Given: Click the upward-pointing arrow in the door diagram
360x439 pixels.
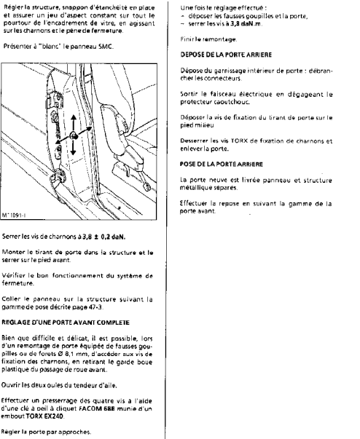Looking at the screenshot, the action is (x=74, y=122).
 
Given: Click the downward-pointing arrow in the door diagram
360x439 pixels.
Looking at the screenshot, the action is (x=74, y=147).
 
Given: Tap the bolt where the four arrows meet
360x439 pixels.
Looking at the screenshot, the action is (x=74, y=135).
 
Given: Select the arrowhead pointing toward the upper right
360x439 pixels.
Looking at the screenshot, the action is (x=88, y=129).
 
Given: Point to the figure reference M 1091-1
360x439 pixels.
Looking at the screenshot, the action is (x=14, y=215).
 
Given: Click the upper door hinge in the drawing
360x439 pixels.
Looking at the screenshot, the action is (x=57, y=100).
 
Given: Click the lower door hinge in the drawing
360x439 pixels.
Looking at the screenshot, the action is (x=57, y=177).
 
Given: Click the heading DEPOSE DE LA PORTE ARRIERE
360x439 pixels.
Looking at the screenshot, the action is (x=226, y=55).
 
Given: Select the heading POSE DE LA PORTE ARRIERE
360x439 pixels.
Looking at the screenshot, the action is (x=222, y=165).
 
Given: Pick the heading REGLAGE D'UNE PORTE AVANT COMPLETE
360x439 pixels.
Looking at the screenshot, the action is (x=66, y=323).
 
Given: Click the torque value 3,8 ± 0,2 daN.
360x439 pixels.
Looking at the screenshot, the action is (x=104, y=237).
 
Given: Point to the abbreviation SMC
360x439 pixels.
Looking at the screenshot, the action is (x=106, y=47).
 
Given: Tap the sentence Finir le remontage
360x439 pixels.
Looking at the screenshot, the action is (x=208, y=39).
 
